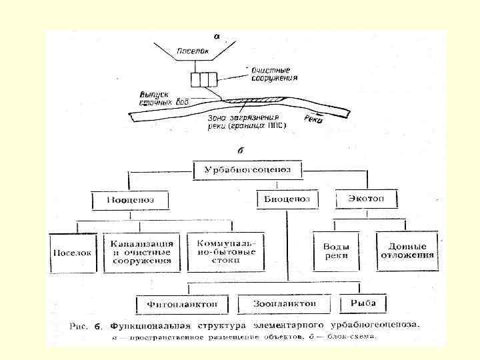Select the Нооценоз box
tap(129, 199)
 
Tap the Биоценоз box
tap(287, 199)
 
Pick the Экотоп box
tap(365, 198)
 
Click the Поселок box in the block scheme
tap(73, 253)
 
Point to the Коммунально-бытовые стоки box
tap(225, 249)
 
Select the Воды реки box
tap(336, 251)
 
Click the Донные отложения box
tap(406, 250)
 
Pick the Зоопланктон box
tap(284, 304)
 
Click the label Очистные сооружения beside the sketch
tap(274, 73)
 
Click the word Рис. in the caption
tap(79, 326)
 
